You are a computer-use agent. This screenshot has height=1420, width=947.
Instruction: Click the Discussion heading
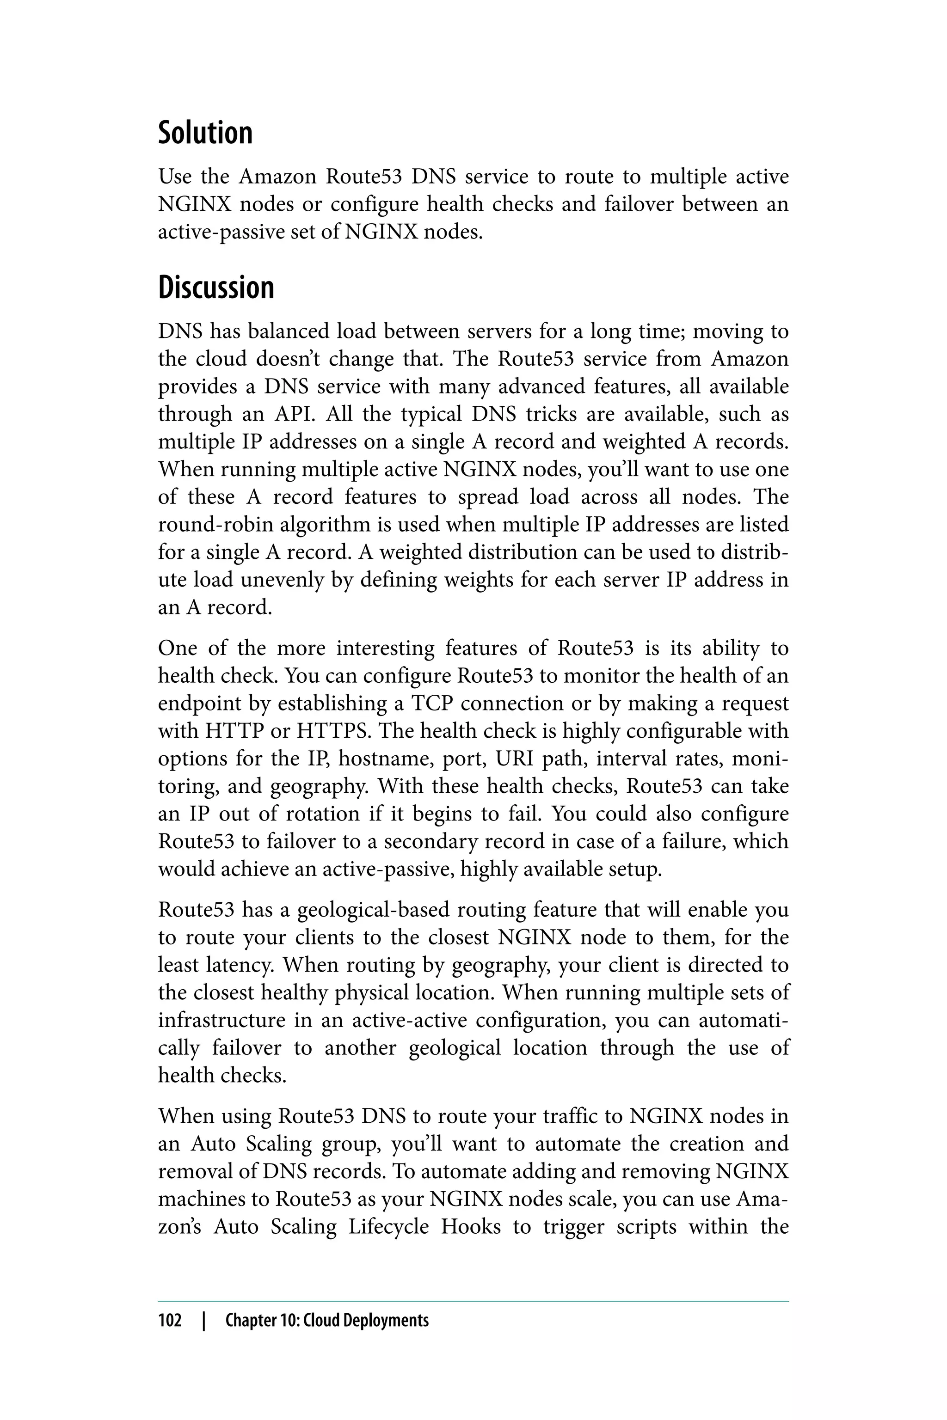[x=216, y=288]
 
